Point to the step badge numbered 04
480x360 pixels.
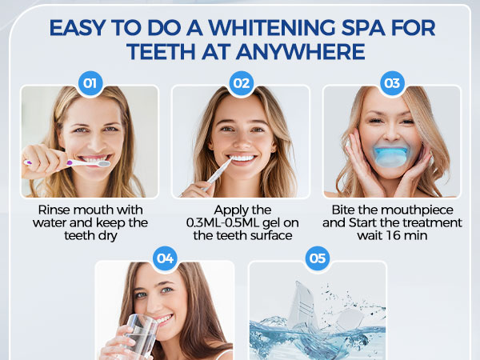pos(165,258)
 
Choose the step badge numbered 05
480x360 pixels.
pos(318,258)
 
